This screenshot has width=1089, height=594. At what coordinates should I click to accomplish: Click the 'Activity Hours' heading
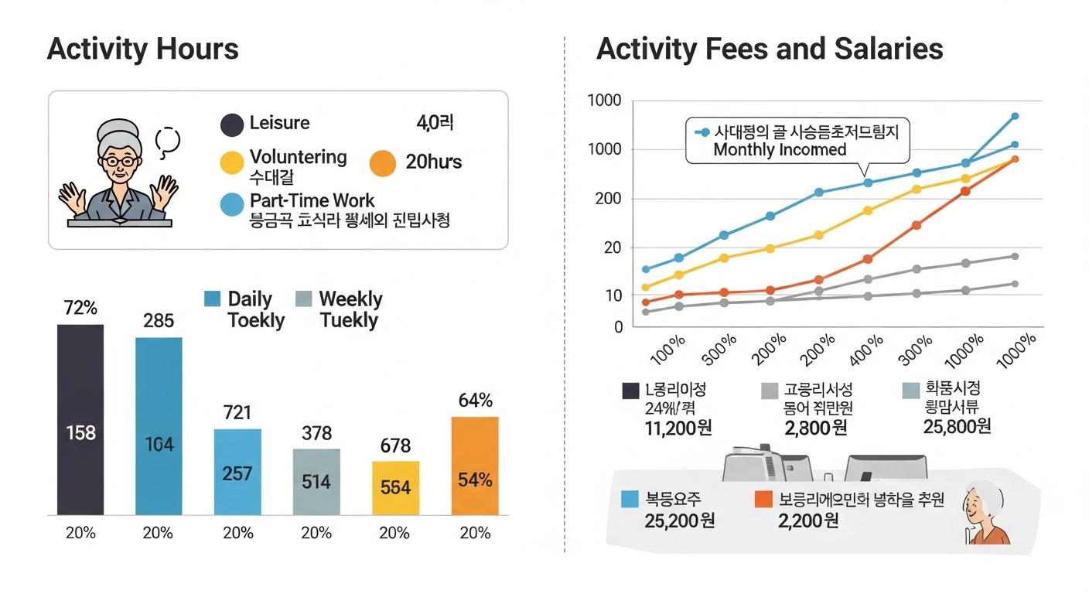pos(143,49)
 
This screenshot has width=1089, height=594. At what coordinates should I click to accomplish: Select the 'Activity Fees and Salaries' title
pos(770,49)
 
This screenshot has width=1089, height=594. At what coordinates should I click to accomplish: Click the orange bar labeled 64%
pos(475,466)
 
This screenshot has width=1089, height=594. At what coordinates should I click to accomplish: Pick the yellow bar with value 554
pos(395,488)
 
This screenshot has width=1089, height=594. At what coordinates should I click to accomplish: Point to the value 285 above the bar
pos(159,320)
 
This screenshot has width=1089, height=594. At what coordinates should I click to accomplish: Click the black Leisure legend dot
pos(232,125)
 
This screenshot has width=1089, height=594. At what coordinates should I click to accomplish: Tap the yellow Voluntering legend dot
pos(232,162)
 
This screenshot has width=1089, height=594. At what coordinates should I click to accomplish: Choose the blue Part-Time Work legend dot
pos(232,205)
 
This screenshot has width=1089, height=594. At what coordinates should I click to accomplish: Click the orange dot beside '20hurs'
pos(383,162)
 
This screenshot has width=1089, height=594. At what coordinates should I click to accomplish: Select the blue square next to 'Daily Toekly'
pos(212,299)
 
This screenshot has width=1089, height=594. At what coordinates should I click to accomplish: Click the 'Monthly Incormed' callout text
pos(780,150)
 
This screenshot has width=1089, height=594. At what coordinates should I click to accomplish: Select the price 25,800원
pos(957,426)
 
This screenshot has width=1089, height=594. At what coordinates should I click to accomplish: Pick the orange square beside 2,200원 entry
pos(763,499)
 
